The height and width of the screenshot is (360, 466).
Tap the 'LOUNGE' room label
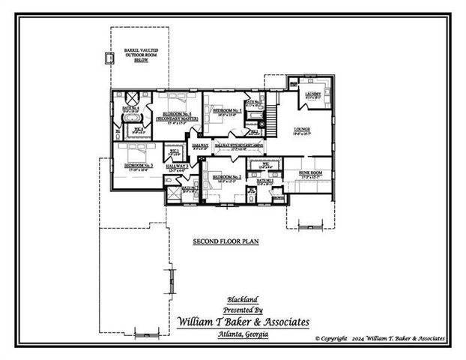point(302,130)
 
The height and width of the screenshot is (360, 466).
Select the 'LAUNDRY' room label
point(312,94)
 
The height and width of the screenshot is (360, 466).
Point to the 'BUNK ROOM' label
point(311,172)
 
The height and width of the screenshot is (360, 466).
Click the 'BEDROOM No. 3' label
point(139,165)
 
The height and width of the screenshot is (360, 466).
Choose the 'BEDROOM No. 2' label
point(226,177)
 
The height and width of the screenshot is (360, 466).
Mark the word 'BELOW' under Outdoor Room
point(141,60)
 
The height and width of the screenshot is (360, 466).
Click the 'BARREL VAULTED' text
point(141,50)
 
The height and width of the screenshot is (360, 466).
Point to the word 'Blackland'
point(243,298)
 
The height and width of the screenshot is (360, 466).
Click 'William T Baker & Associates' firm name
point(243,321)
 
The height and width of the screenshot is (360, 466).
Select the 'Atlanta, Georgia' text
point(243,334)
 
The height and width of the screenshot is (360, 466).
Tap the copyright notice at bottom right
point(380,339)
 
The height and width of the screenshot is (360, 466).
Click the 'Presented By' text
point(243,309)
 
